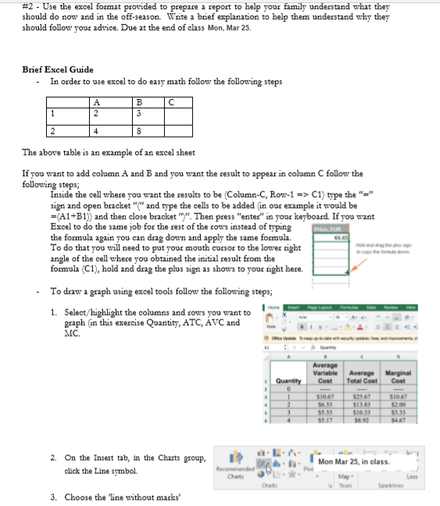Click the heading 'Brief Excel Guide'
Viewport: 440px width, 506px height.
[x=58, y=69]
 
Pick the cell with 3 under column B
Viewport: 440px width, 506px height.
[x=138, y=112]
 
